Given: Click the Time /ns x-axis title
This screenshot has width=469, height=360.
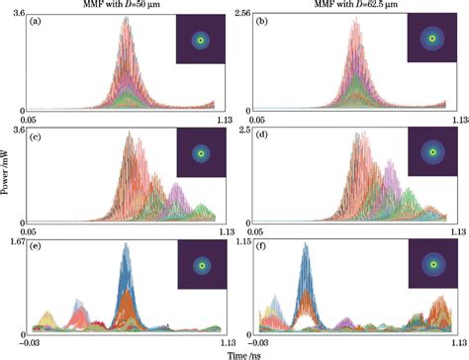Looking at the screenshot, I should click(x=234, y=352).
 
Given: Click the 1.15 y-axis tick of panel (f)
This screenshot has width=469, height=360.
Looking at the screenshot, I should click(x=244, y=240).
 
